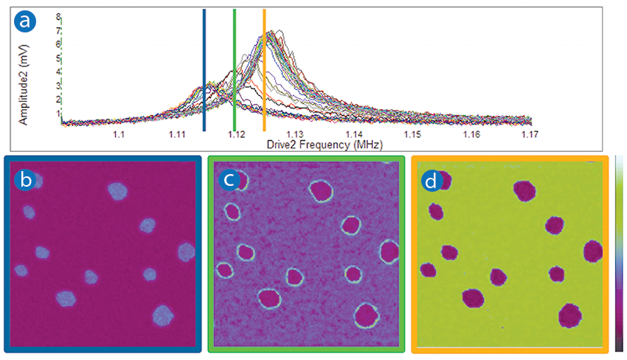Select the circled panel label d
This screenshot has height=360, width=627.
[431, 179]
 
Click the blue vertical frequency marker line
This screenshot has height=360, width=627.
[204, 70]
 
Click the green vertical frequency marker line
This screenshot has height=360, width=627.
[235, 70]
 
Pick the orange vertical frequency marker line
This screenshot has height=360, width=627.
[264, 70]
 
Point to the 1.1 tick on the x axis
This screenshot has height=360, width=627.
[118, 135]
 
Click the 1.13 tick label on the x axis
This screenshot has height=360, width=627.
[294, 135]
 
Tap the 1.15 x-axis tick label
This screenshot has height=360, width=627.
[412, 135]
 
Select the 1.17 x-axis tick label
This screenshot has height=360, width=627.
[529, 135]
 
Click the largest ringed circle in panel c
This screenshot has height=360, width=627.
[321, 192]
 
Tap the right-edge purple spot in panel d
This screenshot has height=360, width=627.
[593, 251]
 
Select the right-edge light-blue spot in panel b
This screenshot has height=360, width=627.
[186, 252]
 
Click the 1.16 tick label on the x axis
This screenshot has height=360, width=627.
[471, 135]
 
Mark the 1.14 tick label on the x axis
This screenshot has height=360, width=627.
[353, 135]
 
